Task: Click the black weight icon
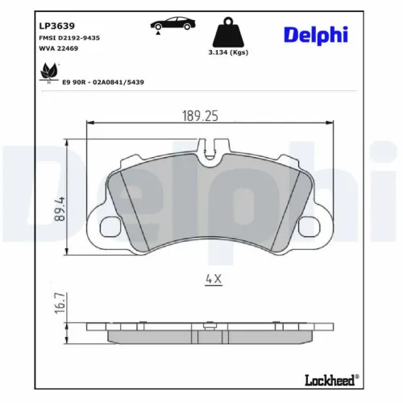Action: pyautogui.click(x=229, y=32)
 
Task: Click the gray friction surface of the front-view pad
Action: pyautogui.click(x=210, y=201)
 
